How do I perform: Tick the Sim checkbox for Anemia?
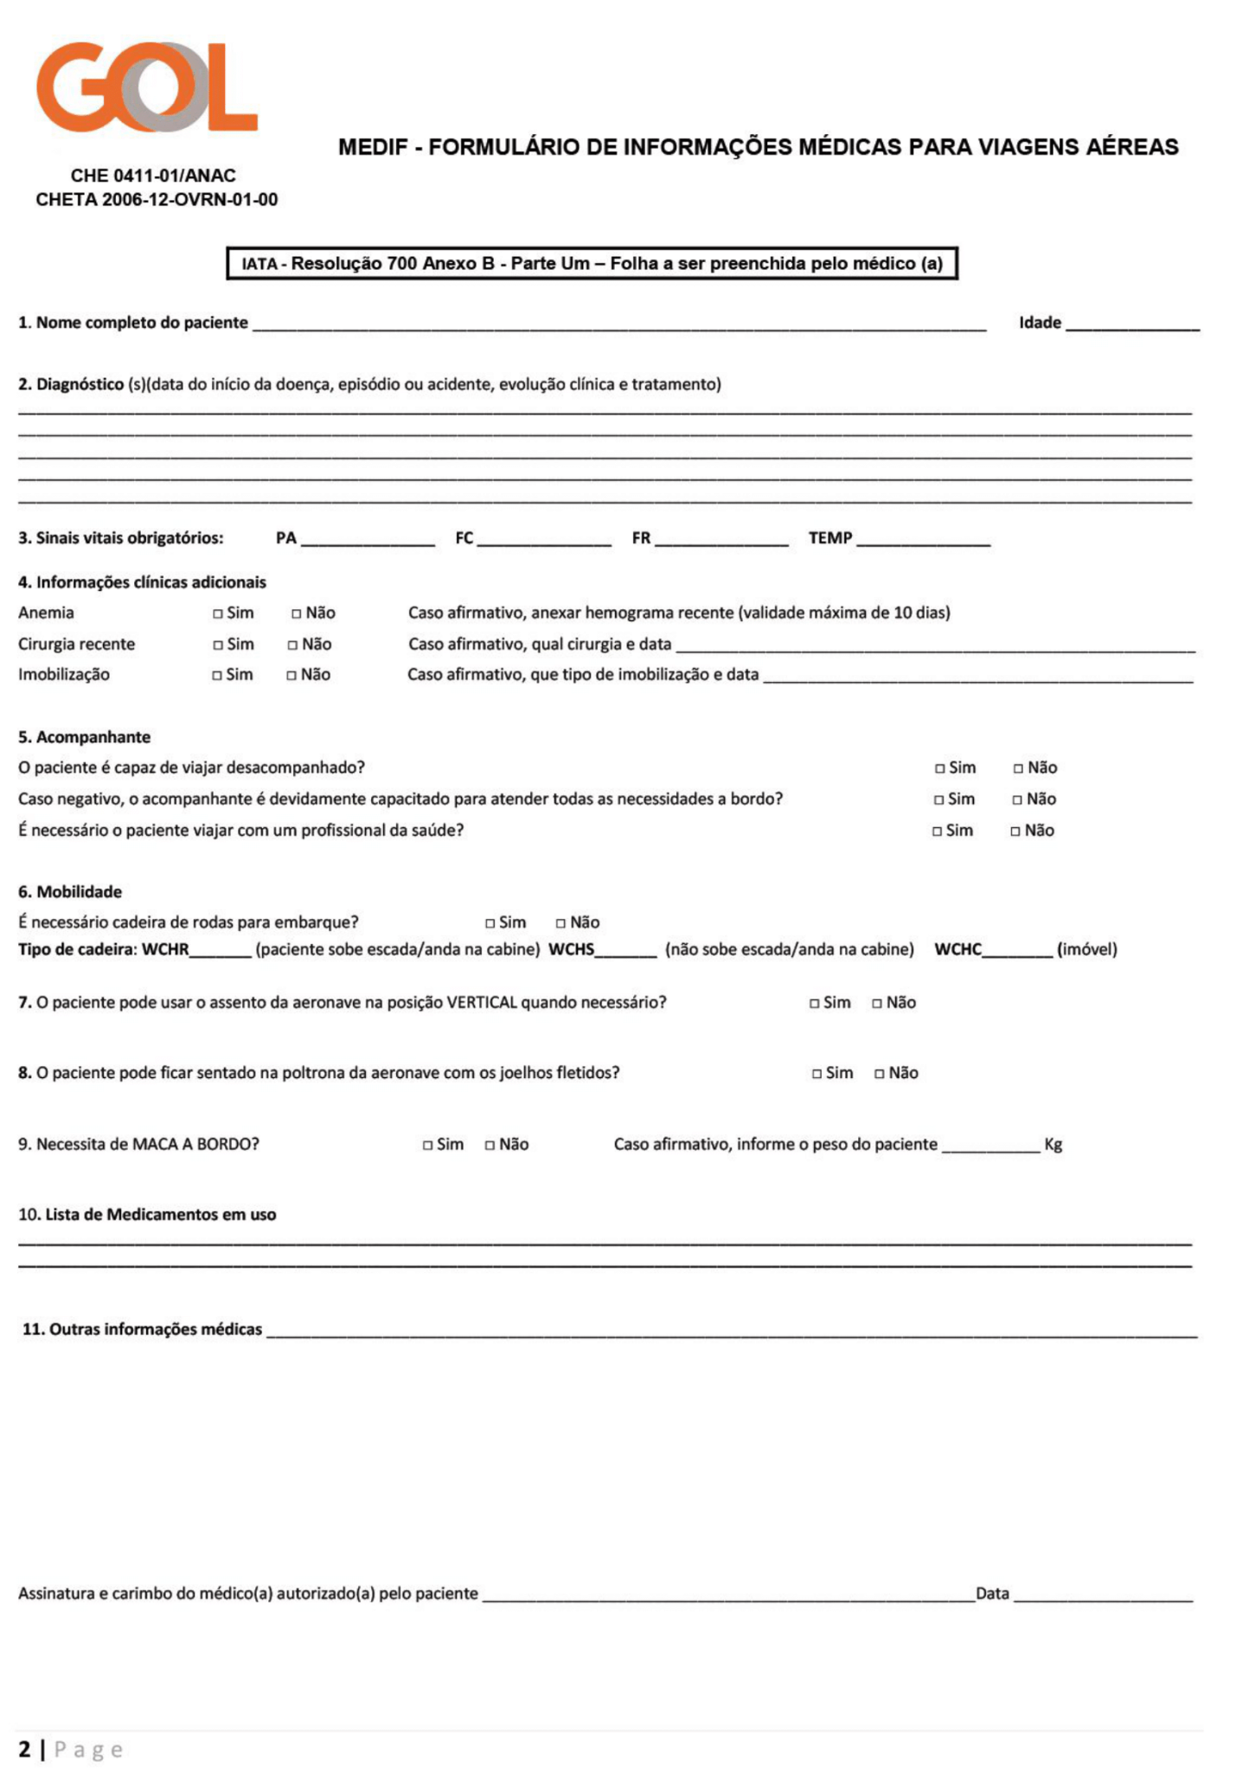click(218, 613)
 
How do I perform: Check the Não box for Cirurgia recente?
click(293, 645)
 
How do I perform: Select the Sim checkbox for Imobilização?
click(217, 676)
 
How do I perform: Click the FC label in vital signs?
click(464, 538)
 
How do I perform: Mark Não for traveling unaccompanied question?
click(1018, 768)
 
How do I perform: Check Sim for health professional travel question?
click(937, 831)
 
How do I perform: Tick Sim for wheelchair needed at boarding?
click(490, 923)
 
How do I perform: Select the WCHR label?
click(165, 949)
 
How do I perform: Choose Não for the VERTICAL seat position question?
click(877, 1004)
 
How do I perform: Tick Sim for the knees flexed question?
click(817, 1074)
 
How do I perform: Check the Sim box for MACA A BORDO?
click(427, 1146)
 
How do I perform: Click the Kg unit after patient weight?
click(1053, 1145)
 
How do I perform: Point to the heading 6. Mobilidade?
click(70, 892)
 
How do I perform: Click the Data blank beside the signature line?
click(1102, 1594)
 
